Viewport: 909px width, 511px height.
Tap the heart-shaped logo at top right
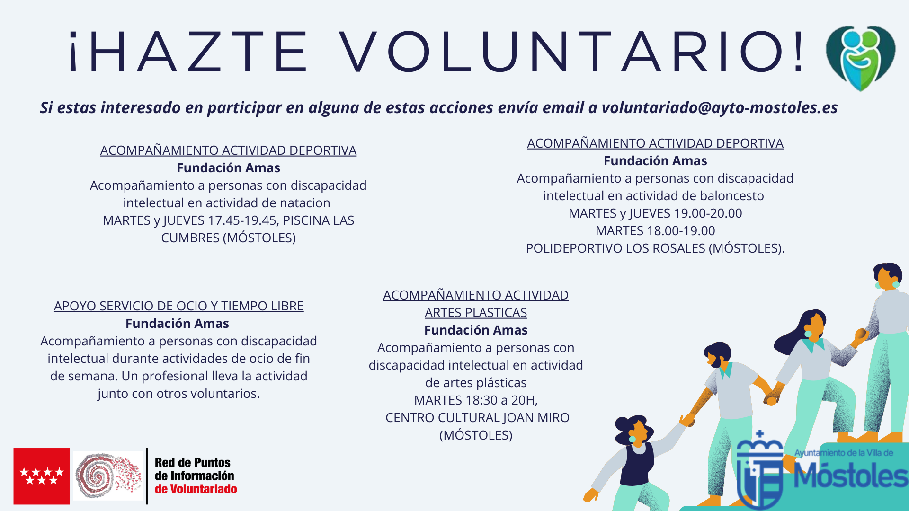860,58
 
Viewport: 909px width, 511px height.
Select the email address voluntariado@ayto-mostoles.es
719,108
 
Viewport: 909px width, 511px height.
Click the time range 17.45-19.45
243,220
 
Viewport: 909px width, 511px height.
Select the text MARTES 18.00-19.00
655,231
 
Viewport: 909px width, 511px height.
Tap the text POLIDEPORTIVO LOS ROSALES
615,248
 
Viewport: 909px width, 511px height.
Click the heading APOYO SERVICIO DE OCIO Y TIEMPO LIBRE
178,306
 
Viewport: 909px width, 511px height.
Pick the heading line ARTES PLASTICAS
475,313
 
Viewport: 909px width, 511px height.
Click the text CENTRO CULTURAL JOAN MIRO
477,418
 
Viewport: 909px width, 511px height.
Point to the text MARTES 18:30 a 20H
475,400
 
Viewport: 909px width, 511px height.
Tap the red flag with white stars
42,476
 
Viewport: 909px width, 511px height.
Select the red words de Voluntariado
196,489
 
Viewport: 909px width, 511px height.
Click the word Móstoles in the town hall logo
850,475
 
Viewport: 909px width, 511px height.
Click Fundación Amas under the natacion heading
228,168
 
